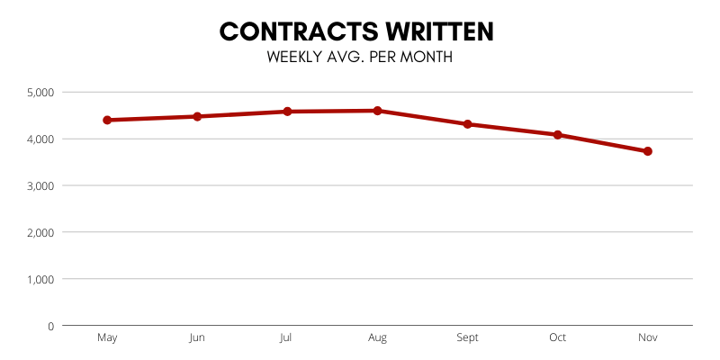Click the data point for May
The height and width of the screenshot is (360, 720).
point(107,120)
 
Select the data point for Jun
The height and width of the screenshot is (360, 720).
point(197,116)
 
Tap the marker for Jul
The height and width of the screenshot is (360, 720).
point(287,112)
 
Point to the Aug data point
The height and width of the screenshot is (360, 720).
point(377,111)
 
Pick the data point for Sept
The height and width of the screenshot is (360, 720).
point(467,124)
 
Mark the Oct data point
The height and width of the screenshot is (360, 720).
point(557,135)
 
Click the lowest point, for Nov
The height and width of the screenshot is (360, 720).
point(647,151)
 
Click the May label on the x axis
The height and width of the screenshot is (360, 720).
point(107,337)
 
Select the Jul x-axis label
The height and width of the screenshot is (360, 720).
point(287,337)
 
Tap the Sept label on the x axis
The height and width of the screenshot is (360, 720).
point(467,337)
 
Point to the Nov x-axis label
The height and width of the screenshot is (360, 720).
point(647,337)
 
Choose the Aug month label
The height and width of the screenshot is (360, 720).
point(377,337)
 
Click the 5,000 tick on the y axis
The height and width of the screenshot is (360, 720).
point(41,92)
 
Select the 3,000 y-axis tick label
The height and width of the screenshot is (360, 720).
point(41,185)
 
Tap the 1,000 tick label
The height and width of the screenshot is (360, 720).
point(41,279)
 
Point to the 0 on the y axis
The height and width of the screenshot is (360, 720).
point(51,326)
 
